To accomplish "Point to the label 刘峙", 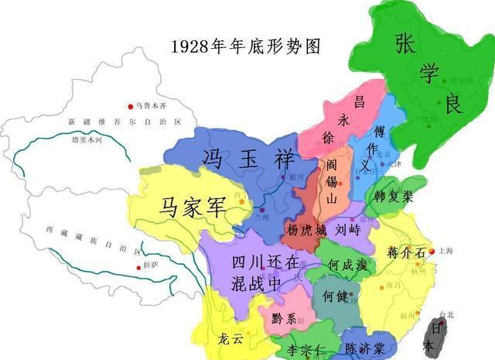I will [343, 230].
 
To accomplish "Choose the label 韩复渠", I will [393, 196].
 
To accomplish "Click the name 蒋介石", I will [405, 253].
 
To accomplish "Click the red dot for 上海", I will [432, 252].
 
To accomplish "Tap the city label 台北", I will [445, 314].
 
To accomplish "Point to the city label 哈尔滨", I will [461, 79].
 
